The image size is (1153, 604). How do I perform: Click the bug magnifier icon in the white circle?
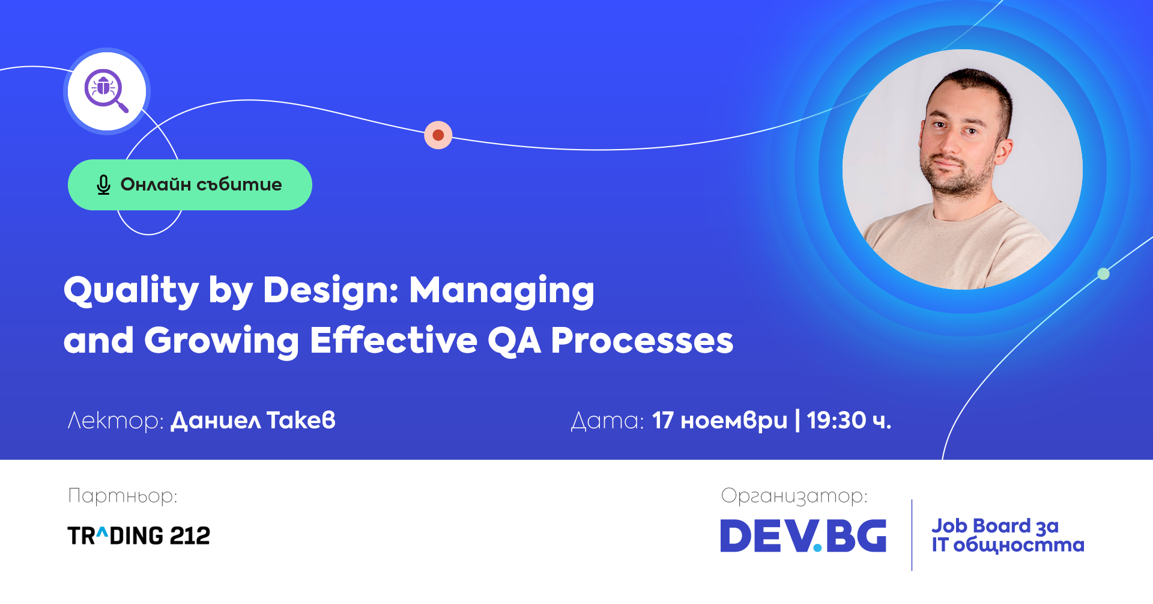(106, 91)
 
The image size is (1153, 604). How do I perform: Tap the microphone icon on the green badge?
(103, 185)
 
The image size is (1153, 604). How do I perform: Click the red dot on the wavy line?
(438, 135)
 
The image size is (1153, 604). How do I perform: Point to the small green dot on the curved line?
(1103, 274)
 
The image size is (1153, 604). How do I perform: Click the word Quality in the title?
(131, 291)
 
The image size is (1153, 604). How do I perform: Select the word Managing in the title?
(501, 291)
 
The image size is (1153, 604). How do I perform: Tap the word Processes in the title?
(642, 341)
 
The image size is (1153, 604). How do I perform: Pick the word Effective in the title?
(393, 340)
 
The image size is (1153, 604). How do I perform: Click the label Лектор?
(115, 421)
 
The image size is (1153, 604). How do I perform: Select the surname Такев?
(301, 420)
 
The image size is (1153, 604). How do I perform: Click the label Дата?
(607, 421)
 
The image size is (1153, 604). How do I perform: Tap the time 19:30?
(837, 421)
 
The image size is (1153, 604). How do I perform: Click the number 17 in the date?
(663, 421)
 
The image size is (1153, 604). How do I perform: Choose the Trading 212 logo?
(139, 535)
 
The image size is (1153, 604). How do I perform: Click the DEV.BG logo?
(803, 535)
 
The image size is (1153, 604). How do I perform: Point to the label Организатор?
(794, 496)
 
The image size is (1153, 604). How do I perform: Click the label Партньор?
(123, 496)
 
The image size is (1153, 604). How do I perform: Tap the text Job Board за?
(995, 526)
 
